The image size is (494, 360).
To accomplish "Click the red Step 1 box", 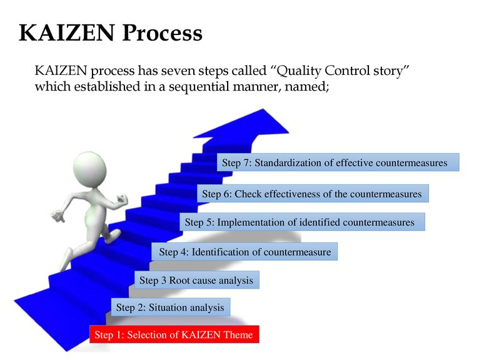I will point(174,335).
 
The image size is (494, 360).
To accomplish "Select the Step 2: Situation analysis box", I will point(170,307).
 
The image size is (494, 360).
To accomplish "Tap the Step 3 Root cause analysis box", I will point(196,281).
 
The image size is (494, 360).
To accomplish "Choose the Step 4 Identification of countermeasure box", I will point(245,252).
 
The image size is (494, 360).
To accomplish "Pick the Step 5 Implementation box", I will point(302,222).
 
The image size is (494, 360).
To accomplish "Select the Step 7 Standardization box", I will point(338,162).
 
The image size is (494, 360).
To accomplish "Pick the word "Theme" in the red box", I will point(238,335).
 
